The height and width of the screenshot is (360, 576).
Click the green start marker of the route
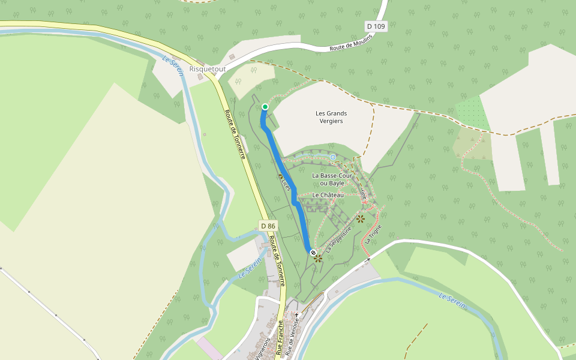(265, 107)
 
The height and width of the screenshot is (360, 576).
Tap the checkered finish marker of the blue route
(313, 253)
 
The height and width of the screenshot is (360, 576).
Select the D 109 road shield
(376, 26)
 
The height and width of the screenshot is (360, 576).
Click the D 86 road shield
(268, 226)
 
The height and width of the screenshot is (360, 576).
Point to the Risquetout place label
(208, 69)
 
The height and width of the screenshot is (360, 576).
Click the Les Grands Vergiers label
(331, 117)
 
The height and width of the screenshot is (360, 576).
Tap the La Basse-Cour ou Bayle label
(331, 179)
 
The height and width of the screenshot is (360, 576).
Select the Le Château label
(328, 195)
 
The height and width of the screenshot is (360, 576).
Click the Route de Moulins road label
(351, 43)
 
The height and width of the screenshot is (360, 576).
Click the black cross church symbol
(296, 314)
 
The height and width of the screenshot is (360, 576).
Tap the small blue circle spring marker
(333, 157)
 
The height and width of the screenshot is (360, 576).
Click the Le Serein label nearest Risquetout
(173, 65)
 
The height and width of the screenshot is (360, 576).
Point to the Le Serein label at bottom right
(452, 301)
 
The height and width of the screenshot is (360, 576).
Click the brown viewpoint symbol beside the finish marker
(318, 259)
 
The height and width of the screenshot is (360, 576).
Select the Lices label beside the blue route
(286, 184)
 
